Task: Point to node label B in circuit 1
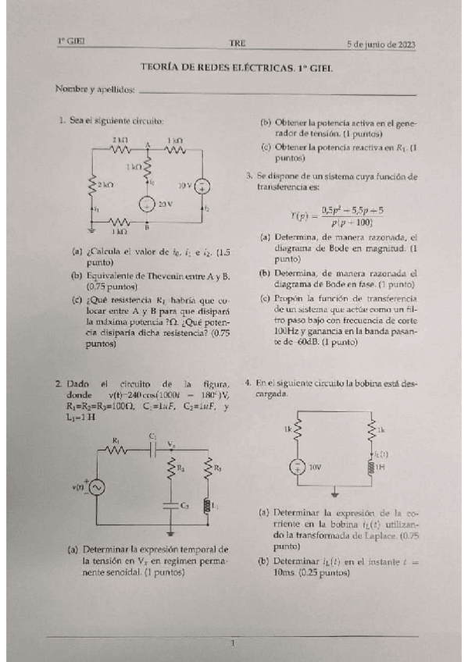147,230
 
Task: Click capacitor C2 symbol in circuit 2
170,506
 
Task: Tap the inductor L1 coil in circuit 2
208,505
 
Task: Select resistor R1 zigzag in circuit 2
119,449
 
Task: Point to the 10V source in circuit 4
298,467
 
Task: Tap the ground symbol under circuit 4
334,493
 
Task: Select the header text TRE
237,42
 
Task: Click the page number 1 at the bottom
233,642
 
